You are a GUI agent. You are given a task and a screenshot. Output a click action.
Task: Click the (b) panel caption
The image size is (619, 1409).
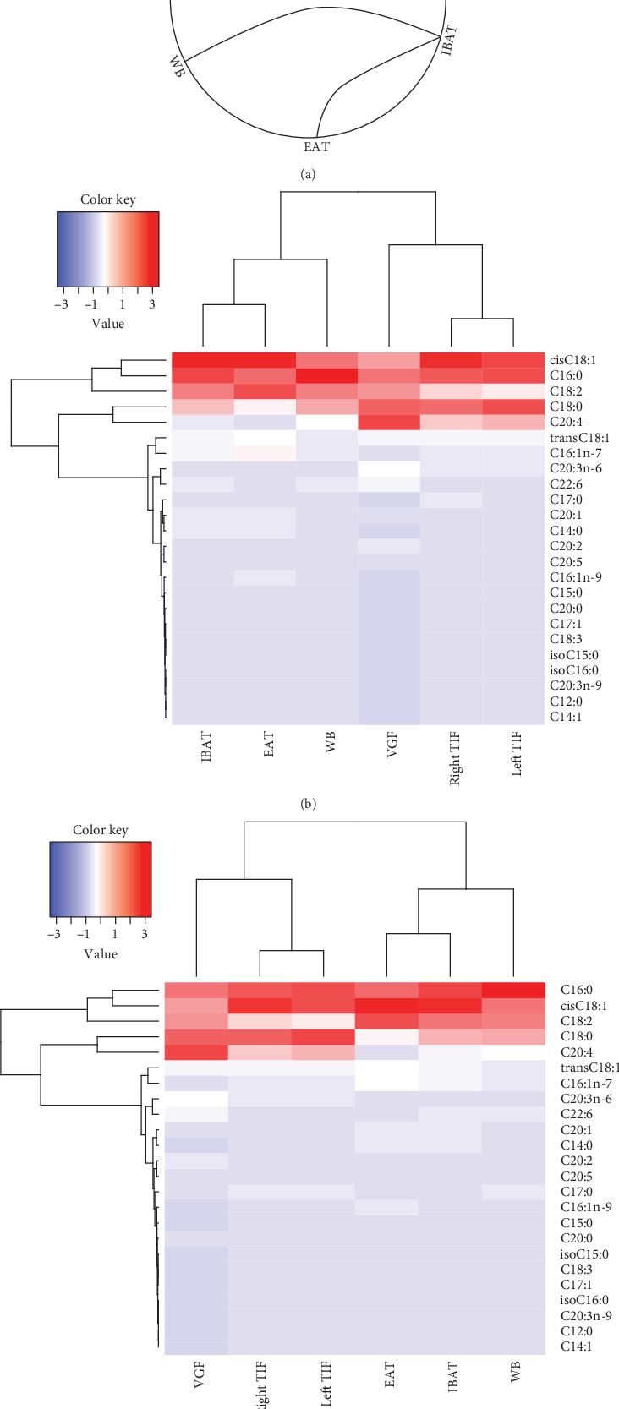coord(309,803)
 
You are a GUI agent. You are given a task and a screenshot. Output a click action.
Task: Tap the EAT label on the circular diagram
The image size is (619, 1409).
coord(316,146)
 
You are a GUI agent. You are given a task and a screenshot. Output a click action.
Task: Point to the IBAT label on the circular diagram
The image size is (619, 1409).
coord(450,41)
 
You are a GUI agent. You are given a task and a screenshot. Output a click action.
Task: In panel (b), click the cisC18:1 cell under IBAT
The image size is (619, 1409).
coord(203,359)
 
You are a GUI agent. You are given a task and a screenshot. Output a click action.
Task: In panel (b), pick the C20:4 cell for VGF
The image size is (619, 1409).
coord(389,421)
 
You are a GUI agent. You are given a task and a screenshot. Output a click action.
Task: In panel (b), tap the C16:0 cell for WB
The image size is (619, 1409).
coord(327,375)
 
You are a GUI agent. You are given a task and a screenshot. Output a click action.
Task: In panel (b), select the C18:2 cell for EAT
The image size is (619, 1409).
coord(265,390)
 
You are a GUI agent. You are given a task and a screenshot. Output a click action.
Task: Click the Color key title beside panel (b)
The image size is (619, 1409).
coord(107,199)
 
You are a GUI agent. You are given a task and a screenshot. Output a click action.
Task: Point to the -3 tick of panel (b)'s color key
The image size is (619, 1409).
coord(61,304)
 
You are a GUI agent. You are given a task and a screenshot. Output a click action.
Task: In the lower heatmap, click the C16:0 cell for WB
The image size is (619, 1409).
coord(513,990)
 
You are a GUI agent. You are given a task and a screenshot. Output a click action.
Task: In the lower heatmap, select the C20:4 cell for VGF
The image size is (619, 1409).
coord(196,1051)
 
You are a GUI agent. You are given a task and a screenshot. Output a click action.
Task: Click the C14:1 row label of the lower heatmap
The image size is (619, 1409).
coord(576,1346)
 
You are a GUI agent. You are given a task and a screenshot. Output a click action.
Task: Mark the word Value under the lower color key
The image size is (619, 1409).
coord(101,953)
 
